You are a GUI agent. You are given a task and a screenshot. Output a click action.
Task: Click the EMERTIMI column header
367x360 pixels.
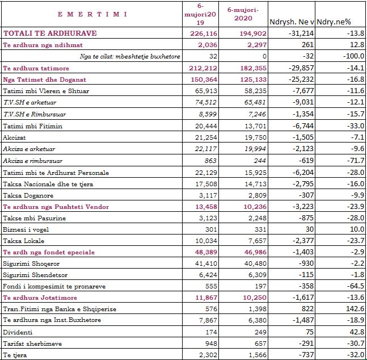[92, 14]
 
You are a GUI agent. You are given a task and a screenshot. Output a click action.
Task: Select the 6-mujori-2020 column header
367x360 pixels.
[242, 14]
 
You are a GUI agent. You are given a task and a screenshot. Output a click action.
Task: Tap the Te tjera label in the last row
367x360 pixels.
[15, 354]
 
